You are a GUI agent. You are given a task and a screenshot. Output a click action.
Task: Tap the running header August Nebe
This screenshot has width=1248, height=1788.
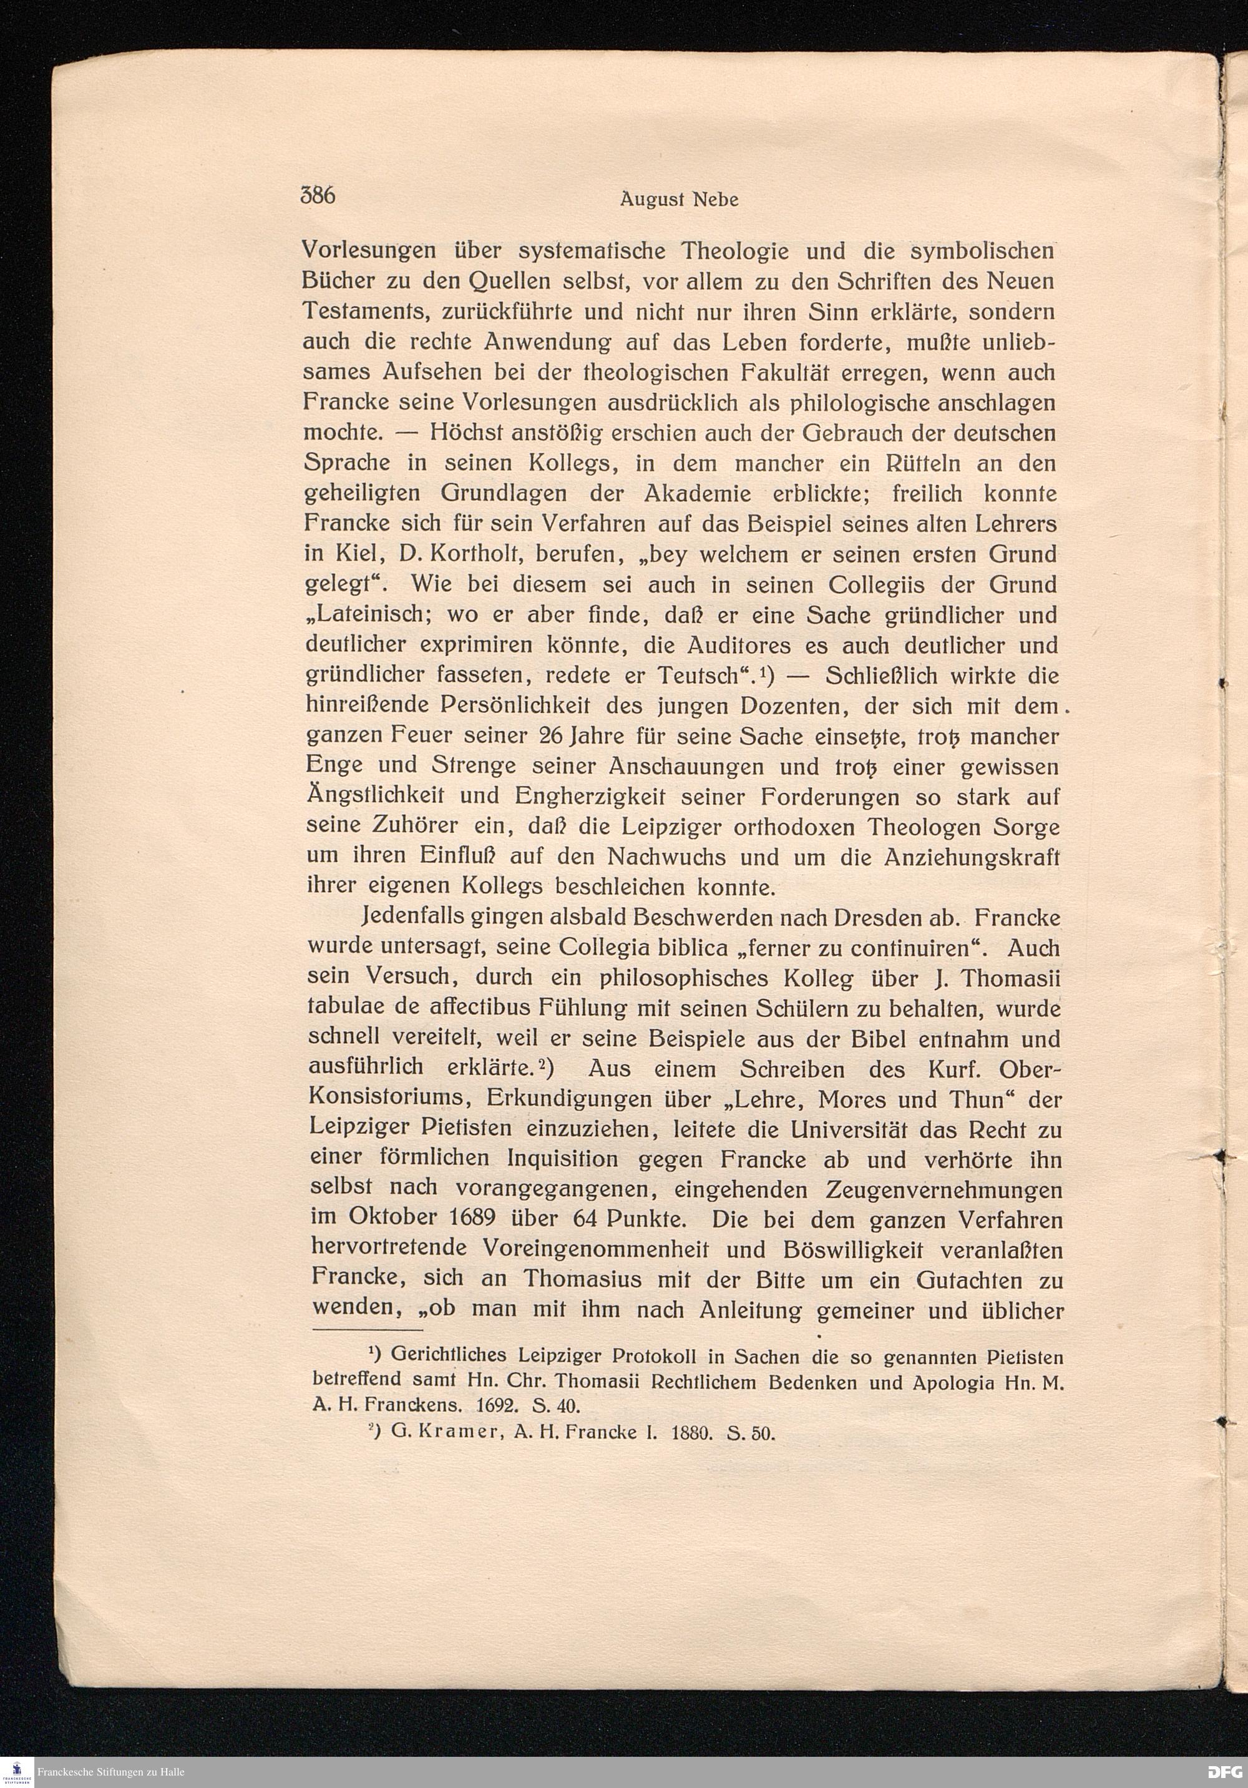(679, 200)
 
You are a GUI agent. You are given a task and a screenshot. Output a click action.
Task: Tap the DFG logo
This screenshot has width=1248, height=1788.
(1226, 1772)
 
